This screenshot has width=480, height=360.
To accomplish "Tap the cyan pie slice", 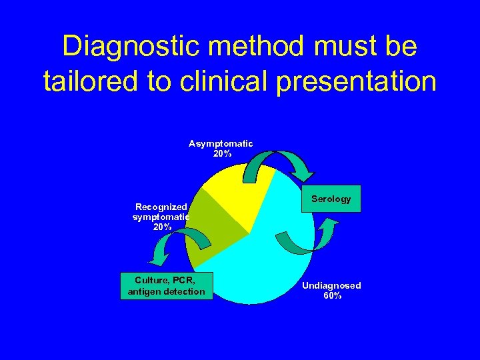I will click(267, 267).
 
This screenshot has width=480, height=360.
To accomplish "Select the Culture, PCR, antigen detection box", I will click(166, 286).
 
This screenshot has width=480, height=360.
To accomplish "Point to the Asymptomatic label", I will click(221, 143).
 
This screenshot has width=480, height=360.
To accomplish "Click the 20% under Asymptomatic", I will click(222, 153).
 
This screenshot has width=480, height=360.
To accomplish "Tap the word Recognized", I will click(161, 207).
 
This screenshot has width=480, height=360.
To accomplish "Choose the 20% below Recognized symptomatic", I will click(161, 227).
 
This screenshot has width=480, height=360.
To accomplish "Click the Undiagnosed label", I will click(331, 285).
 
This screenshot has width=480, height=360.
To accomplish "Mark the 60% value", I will click(332, 295).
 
